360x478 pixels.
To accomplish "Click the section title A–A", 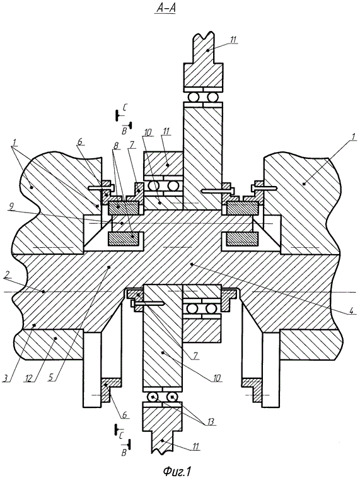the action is click(x=166, y=9).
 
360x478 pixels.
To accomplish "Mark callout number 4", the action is click(x=351, y=312).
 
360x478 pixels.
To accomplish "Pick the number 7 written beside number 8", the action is click(x=132, y=144).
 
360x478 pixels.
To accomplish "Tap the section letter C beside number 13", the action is click(x=121, y=435).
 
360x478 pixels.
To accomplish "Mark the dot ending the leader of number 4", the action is click(x=192, y=265).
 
